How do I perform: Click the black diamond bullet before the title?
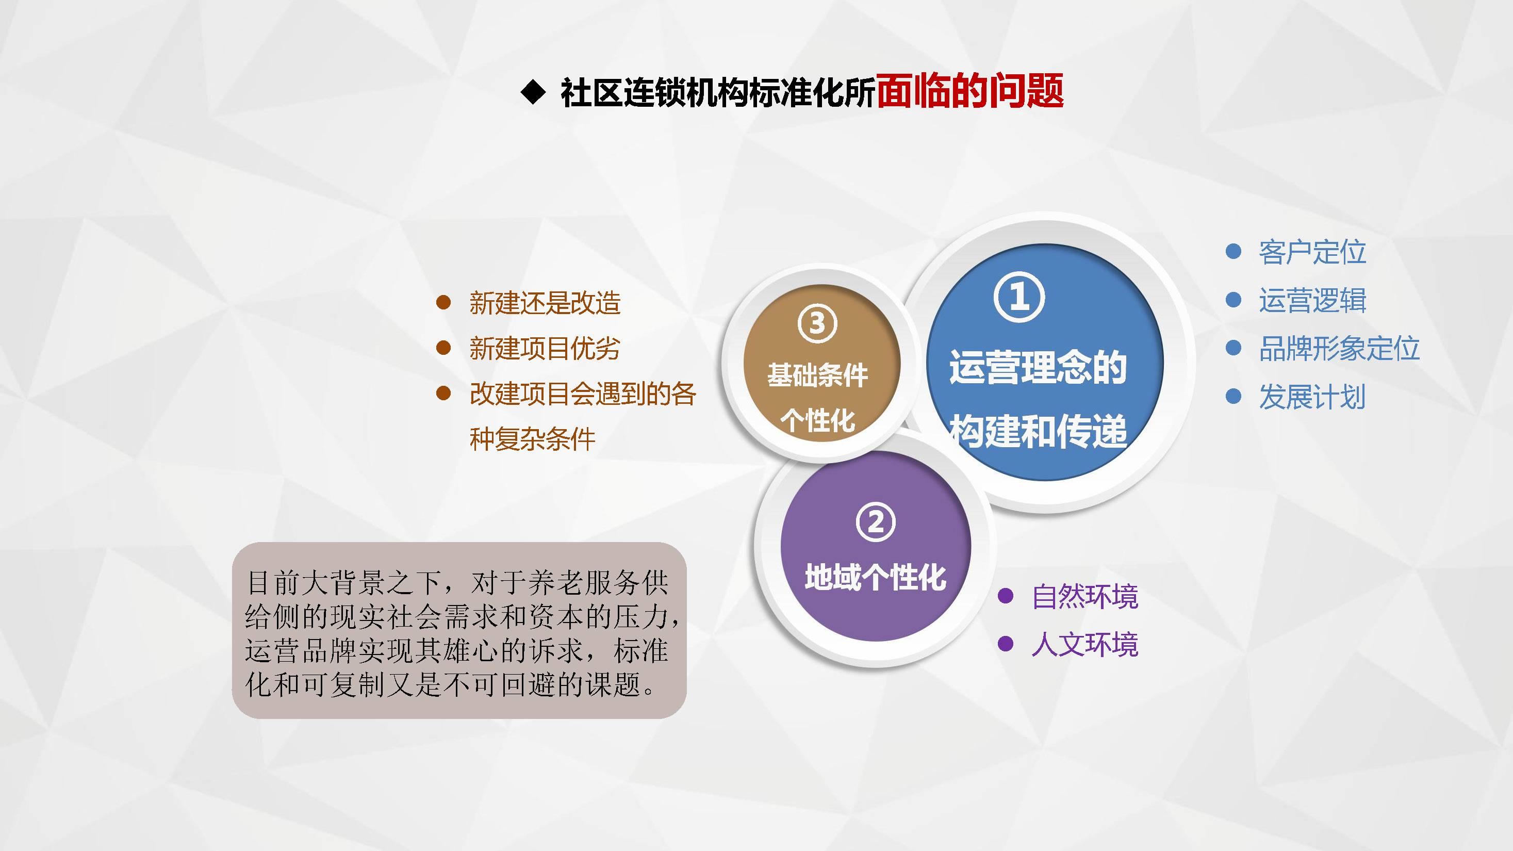(533, 92)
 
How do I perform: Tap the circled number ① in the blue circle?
(1019, 297)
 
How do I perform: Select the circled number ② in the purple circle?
(876, 522)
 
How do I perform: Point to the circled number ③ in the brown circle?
(817, 323)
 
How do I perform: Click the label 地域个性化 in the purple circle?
(875, 577)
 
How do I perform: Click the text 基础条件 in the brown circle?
(817, 375)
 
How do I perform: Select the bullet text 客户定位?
(1312, 252)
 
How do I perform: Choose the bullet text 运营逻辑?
(1312, 300)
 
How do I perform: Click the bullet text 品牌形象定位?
(1339, 348)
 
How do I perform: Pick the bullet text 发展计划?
(1311, 397)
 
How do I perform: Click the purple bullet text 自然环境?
(1085, 596)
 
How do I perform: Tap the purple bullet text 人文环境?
(1085, 644)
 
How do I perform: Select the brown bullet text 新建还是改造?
(545, 303)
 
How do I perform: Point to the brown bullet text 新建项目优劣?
(545, 348)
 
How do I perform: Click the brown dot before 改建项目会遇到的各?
(443, 393)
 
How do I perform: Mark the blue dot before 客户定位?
(1234, 251)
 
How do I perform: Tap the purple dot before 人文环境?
(1006, 644)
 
